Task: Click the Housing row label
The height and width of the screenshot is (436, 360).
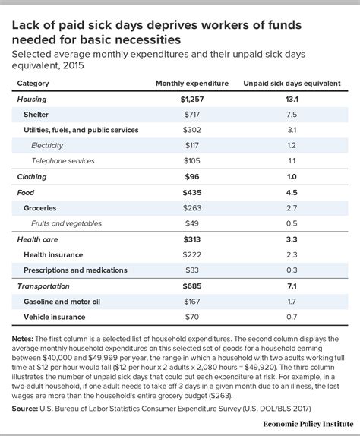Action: point(33,98)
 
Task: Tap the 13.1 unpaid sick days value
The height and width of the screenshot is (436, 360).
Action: point(291,98)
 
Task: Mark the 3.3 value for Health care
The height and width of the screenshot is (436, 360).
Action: point(291,239)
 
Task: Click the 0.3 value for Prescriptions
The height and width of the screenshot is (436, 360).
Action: point(291,270)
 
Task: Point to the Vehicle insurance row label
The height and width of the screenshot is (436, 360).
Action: point(55,316)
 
